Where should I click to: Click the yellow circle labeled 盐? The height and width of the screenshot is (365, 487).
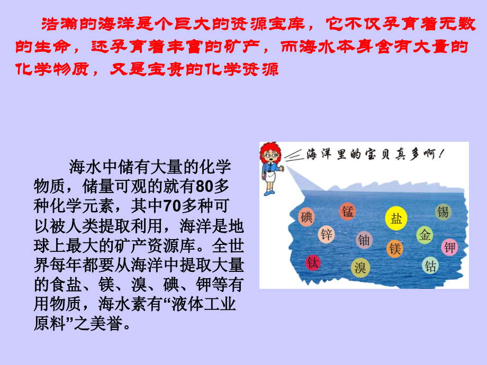click(x=396, y=218)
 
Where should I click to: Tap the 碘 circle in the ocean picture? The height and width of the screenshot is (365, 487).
click(x=307, y=216)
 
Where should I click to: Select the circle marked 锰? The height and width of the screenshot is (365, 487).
click(x=348, y=212)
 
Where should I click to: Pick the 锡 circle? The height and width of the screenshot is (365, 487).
click(x=443, y=212)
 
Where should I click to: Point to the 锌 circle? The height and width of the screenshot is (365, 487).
click(x=327, y=234)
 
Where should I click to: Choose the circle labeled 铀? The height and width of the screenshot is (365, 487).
click(x=364, y=240)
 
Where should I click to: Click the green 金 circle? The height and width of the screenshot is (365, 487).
click(x=425, y=235)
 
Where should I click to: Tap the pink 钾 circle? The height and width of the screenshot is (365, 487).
click(x=449, y=247)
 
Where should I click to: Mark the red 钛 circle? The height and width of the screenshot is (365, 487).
click(x=313, y=262)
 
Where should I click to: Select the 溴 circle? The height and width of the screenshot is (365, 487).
click(x=360, y=268)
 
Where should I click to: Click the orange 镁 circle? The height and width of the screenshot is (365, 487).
click(x=394, y=248)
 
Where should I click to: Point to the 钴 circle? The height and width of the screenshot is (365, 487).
click(x=430, y=266)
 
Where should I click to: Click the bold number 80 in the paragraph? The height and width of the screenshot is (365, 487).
click(x=203, y=187)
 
